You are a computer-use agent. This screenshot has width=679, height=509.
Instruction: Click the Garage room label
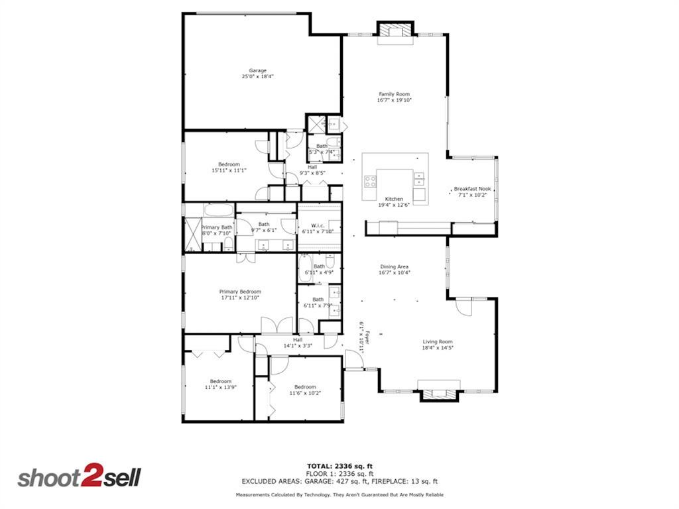[257, 70]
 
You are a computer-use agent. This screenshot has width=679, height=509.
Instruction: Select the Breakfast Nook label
[472, 189]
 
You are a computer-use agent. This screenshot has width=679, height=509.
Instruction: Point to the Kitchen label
[395, 199]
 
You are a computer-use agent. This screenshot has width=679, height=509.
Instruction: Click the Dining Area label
[394, 266]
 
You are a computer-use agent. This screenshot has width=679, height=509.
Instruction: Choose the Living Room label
[438, 341]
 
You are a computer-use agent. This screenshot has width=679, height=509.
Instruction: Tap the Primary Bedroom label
[240, 292]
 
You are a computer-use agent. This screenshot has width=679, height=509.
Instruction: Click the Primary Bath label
[217, 227]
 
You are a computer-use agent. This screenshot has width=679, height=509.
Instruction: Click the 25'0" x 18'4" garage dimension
[257, 77]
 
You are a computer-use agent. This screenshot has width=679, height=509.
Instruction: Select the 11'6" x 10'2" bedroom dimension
[305, 393]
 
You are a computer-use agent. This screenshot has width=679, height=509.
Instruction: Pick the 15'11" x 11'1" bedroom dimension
[229, 170]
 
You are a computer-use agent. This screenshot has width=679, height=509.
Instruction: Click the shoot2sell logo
[78, 478]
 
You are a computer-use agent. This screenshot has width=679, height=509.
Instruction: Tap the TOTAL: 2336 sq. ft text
[339, 466]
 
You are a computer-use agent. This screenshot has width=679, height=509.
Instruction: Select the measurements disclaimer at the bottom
[339, 495]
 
